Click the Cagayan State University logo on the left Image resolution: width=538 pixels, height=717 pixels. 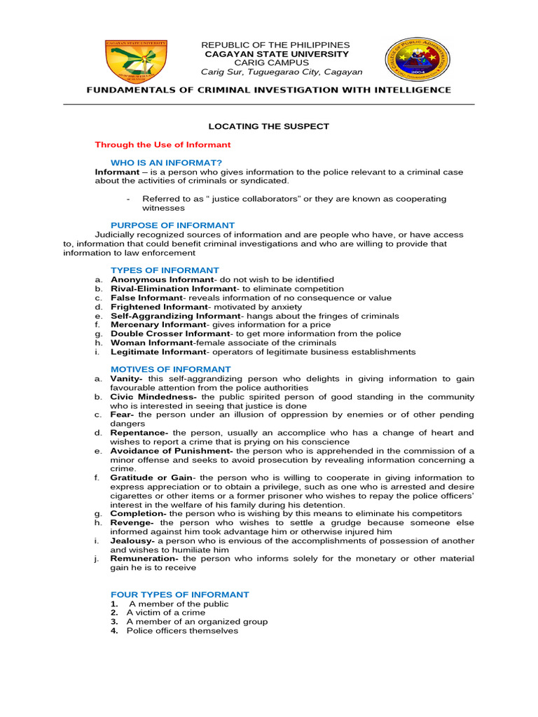(136, 61)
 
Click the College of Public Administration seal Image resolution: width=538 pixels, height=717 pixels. (413, 62)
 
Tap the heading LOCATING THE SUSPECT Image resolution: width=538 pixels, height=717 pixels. (268, 126)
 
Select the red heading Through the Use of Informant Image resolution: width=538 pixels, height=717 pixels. (163, 145)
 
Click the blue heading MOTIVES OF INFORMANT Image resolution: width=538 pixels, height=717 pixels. (170, 369)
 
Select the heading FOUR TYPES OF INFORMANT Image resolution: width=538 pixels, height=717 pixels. (179, 594)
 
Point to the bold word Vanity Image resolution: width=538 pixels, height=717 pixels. (126, 378)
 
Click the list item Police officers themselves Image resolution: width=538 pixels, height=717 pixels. (182, 631)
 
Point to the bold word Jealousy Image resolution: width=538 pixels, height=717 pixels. (132, 541)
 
